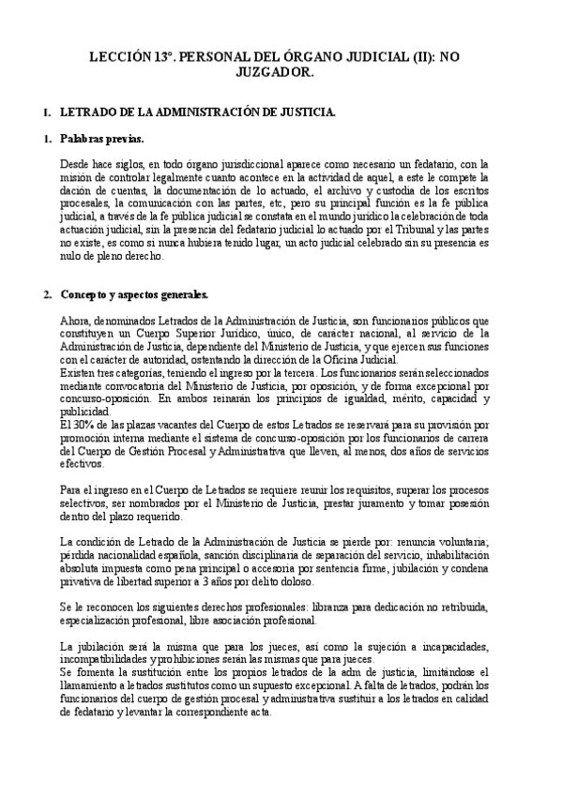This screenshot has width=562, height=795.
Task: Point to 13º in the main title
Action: [x=166, y=57]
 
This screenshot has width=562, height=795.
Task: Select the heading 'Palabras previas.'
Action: [x=101, y=140]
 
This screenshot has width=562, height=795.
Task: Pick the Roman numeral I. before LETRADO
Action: [x=48, y=112]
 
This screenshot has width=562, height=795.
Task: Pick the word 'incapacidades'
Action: [x=452, y=647]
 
